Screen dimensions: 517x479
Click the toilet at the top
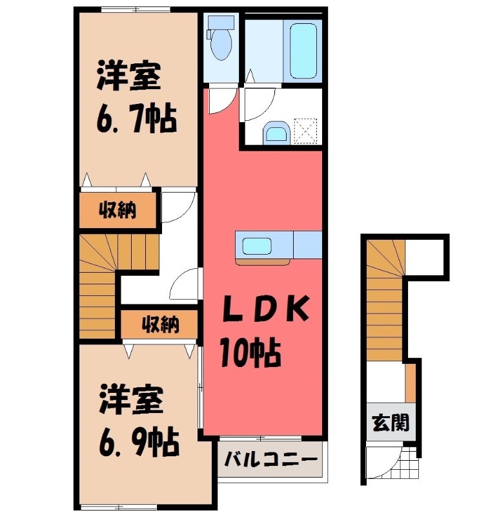coord(221,43)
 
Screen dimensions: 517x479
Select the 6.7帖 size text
coord(137,119)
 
